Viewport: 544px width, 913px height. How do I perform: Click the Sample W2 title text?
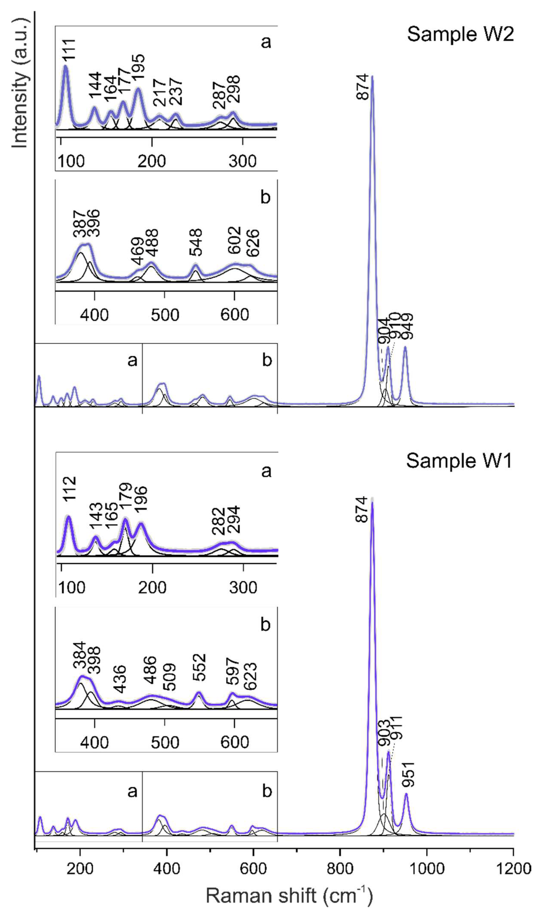click(460, 35)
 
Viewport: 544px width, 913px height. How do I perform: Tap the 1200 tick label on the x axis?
click(513, 869)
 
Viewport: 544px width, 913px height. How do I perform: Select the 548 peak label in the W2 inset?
click(196, 242)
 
